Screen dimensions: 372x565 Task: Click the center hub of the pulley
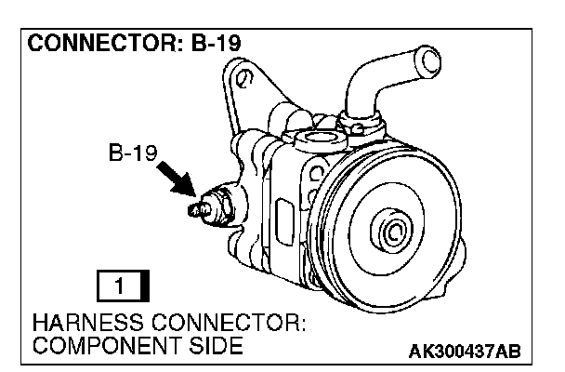(x=392, y=231)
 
